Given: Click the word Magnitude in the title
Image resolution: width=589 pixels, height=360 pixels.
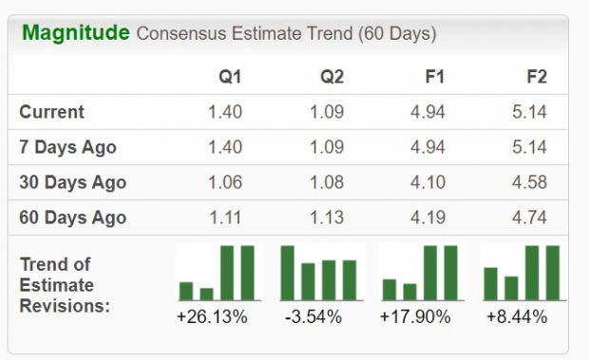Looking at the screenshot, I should tap(75, 33).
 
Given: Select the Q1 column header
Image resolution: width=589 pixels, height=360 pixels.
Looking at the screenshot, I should tap(230, 75).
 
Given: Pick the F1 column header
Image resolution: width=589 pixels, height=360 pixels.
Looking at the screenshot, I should tap(434, 75).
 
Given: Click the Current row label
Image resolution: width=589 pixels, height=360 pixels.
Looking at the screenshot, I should tap(51, 112).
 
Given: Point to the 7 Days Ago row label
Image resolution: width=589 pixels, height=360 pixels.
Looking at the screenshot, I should tap(67, 147).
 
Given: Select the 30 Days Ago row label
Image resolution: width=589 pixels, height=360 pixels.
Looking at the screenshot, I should tap(72, 182).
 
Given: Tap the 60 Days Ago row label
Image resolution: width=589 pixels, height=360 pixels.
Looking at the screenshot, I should tap(72, 218).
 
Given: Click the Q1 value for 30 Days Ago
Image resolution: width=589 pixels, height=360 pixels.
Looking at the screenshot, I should tap(224, 182).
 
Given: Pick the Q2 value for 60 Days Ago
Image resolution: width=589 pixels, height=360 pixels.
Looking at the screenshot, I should tap(326, 218).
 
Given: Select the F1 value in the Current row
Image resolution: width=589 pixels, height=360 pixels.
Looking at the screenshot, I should tap(427, 112).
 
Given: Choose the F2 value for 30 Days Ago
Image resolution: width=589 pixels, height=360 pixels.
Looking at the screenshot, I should tap(528, 182).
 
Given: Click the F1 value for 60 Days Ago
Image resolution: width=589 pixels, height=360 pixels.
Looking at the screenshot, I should tap(427, 218).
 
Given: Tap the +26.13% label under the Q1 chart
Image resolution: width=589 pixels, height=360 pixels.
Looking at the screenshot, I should tap(212, 317).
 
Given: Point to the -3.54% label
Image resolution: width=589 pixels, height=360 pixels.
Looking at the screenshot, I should tap(313, 317).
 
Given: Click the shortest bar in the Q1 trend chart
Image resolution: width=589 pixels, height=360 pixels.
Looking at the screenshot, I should tap(207, 294).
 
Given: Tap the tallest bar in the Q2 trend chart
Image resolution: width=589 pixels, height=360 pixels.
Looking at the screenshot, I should tap(288, 273).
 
